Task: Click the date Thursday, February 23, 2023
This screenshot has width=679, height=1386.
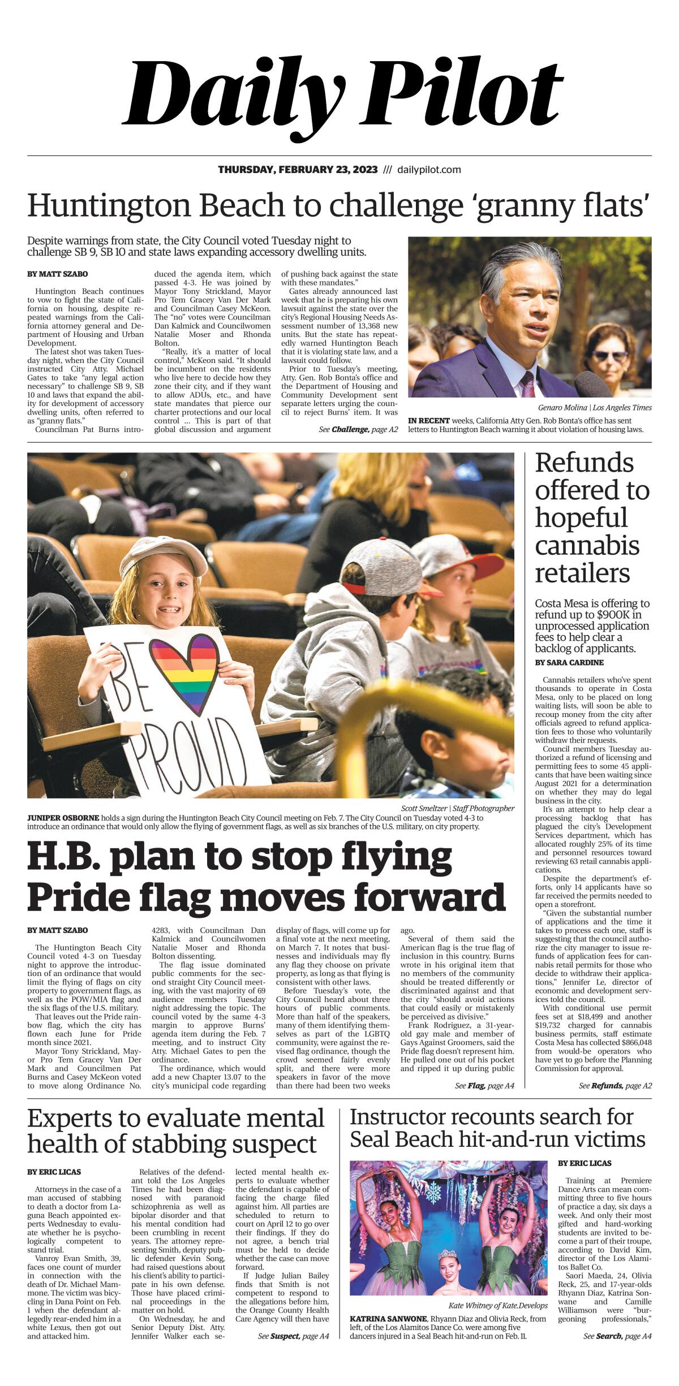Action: tap(298, 170)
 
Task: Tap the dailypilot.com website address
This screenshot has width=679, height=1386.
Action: tap(429, 170)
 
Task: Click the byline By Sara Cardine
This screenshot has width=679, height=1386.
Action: tap(561, 662)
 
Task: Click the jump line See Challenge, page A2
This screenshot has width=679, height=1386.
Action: tap(358, 430)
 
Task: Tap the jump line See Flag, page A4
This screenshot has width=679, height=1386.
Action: tap(484, 1086)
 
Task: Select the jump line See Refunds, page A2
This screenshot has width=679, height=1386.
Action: tap(615, 1086)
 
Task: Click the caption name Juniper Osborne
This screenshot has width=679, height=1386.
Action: tap(63, 818)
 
